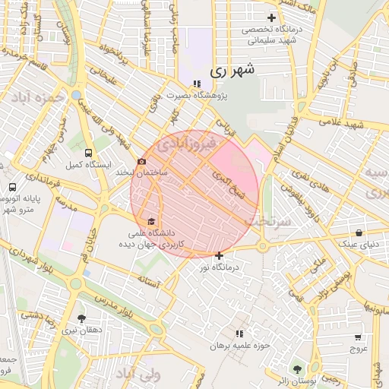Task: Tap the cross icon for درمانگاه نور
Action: coord(220,256)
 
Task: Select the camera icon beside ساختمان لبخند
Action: coord(141,162)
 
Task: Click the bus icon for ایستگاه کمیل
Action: coord(90,152)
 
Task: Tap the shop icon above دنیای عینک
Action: coord(359,232)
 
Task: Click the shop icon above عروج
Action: coord(358,337)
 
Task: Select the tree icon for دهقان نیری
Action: coord(81,318)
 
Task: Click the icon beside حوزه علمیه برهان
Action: coord(239,334)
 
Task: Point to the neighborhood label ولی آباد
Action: coord(136,375)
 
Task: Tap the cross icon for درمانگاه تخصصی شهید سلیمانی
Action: coord(271,17)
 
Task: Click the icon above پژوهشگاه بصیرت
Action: coord(197,84)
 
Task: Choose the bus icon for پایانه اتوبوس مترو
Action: coord(12,187)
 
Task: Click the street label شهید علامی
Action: coord(339,122)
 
